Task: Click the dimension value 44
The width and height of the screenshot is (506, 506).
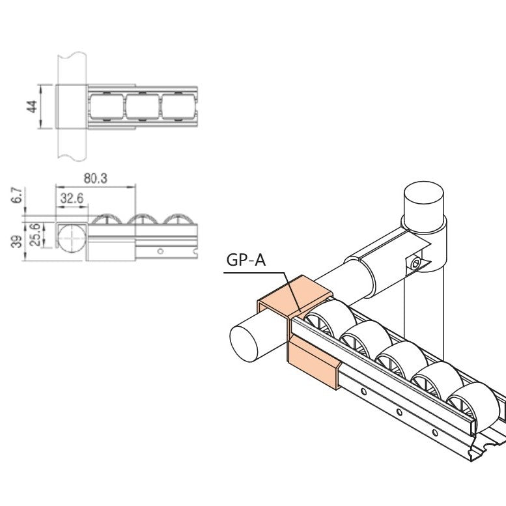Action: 31,105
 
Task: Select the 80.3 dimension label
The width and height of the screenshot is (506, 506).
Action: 96,178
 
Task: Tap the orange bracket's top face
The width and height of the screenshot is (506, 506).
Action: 296,293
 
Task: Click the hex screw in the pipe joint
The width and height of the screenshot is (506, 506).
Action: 416,262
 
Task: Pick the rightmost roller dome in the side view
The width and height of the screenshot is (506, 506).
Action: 180,220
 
